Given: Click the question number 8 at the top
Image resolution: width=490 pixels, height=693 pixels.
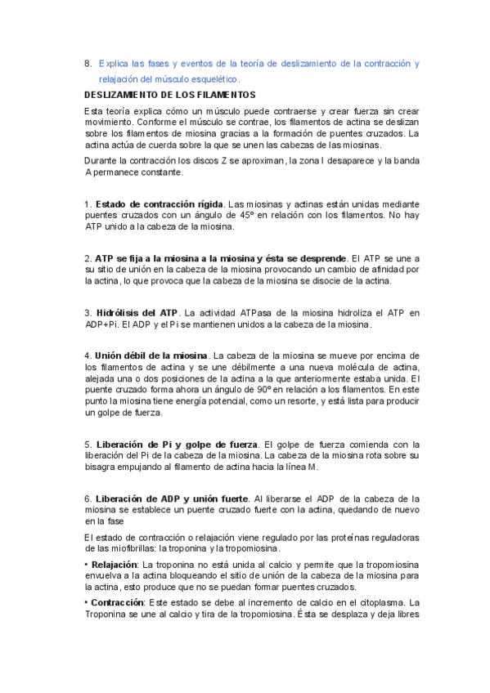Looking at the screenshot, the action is click(x=88, y=64).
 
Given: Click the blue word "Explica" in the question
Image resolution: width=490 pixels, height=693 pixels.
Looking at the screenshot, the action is click(x=114, y=64).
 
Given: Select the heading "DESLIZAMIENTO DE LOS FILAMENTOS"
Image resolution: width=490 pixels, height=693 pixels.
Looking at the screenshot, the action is click(x=169, y=95).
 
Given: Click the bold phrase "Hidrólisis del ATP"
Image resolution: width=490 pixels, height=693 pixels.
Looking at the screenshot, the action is click(x=137, y=312).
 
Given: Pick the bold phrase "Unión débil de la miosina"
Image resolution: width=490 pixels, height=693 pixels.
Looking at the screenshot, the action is click(x=151, y=355).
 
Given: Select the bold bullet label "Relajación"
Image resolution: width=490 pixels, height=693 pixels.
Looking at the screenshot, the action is click(x=115, y=564).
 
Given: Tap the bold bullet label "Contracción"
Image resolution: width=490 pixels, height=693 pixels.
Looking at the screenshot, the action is click(x=118, y=601).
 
